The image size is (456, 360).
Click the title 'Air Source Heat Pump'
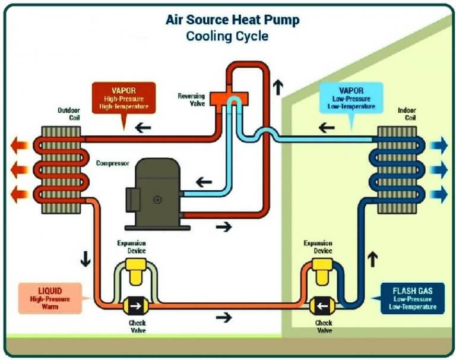point(232,20)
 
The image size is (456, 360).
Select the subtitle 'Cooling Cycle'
point(227,36)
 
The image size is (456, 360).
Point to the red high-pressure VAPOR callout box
point(123,98)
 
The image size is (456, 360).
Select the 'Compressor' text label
point(113,163)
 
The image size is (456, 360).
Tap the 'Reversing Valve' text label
point(191,99)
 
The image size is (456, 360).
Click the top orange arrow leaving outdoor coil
point(20,144)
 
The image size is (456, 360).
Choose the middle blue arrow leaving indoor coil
point(439,170)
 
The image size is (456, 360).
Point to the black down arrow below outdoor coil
point(85,260)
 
